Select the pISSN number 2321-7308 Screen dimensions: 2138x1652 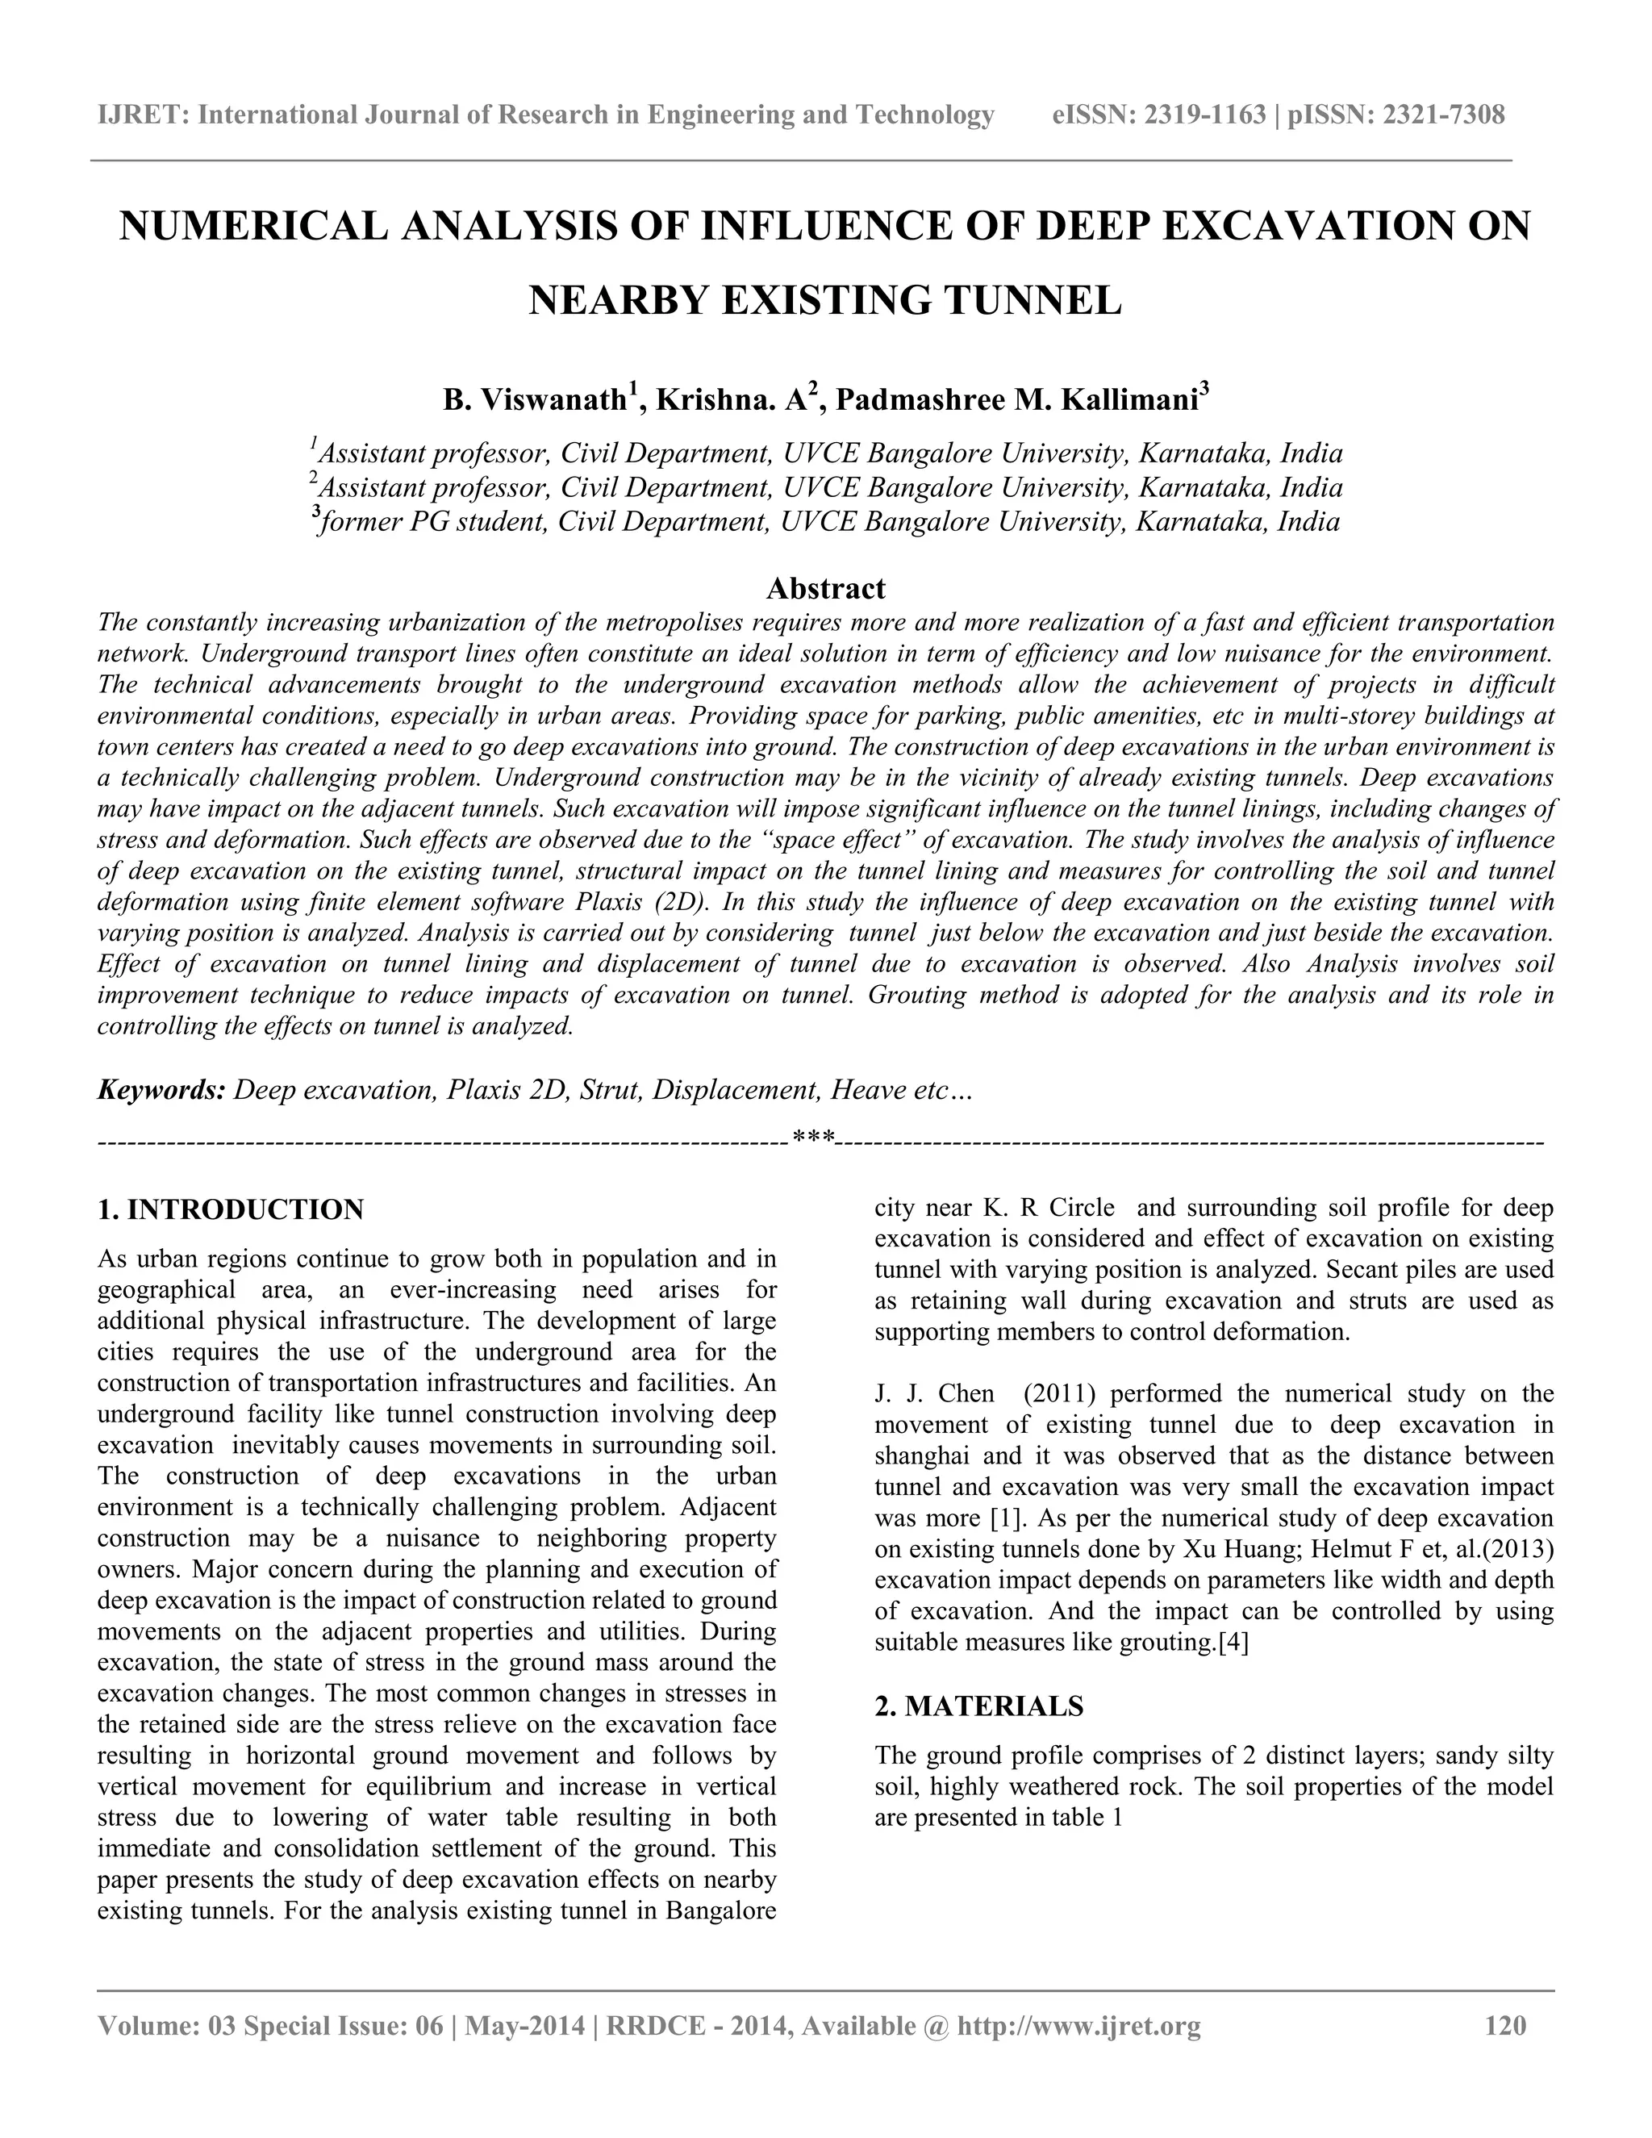(x=1439, y=115)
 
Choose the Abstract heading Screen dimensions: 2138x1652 (x=825, y=588)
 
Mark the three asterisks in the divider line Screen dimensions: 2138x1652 (x=813, y=1138)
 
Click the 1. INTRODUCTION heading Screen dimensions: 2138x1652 (x=231, y=1210)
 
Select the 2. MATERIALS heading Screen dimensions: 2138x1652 (x=978, y=1706)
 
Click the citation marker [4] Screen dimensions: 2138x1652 (x=1233, y=1643)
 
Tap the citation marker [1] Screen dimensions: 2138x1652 (x=999, y=1518)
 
